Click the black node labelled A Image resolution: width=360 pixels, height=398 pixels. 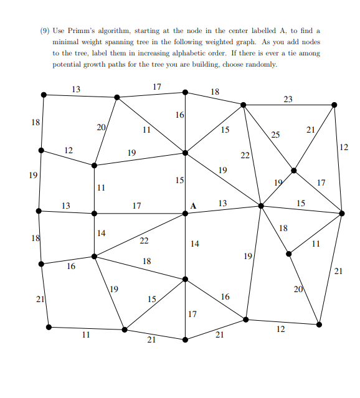tap(185, 213)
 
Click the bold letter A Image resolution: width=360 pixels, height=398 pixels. tap(193, 206)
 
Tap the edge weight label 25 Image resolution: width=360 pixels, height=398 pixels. tap(275, 135)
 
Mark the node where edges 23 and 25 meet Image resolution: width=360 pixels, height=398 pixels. tap(243, 105)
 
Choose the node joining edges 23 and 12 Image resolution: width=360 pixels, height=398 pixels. tap(334, 105)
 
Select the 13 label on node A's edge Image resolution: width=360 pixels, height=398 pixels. tap(223, 204)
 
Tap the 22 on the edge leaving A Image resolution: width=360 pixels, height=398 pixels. tap(144, 240)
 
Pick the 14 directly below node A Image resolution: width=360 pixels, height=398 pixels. tap(195, 244)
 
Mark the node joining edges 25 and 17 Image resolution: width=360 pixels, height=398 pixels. tap(294, 170)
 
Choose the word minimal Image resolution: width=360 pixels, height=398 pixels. tap(67, 42)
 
